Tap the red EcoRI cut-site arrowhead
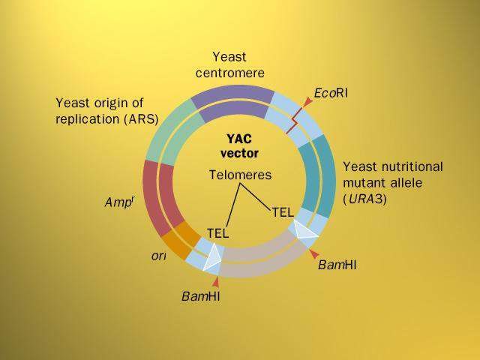(307, 101)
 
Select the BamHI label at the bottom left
(201, 295)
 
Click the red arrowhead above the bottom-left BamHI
(216, 282)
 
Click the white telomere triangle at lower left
(211, 257)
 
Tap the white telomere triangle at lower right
(304, 229)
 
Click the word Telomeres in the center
(240, 175)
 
